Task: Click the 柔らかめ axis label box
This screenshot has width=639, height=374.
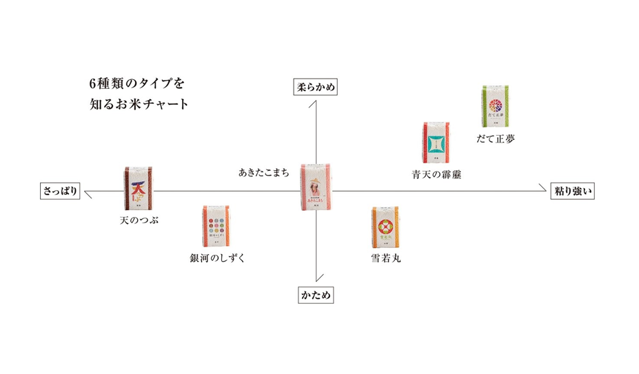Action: [316, 87]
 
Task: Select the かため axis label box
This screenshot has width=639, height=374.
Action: [316, 295]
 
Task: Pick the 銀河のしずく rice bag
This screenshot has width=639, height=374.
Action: [218, 227]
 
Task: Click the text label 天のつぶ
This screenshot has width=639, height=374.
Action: [139, 220]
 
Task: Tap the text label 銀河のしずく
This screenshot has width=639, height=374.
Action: [218, 259]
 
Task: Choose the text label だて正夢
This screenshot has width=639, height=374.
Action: [496, 138]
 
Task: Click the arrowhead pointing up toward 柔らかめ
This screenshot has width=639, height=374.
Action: [316, 102]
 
